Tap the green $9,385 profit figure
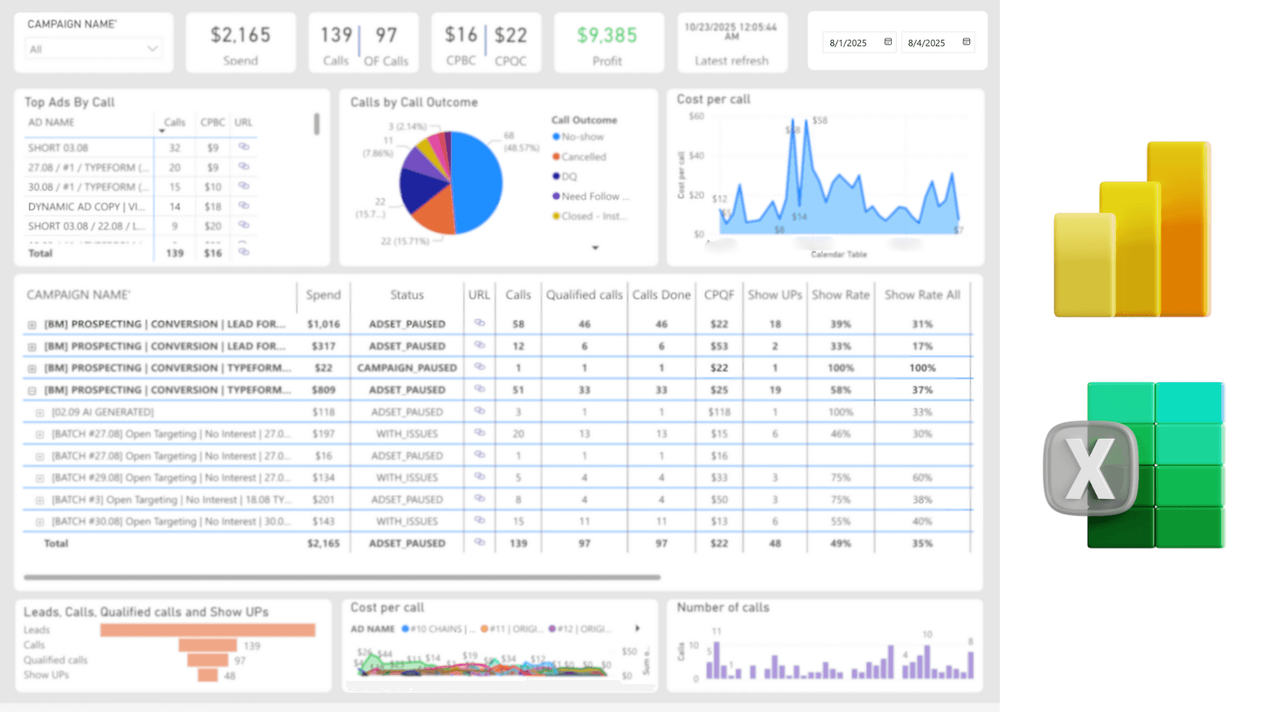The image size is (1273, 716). pyautogui.click(x=607, y=35)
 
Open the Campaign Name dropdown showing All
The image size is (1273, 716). pyautogui.click(x=93, y=49)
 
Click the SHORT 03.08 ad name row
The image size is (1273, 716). pyautogui.click(x=58, y=148)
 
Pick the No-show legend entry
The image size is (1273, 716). pyautogui.click(x=582, y=137)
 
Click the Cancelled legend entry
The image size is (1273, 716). pyautogui.click(x=583, y=156)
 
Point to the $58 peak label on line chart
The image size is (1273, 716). pyautogui.click(x=820, y=121)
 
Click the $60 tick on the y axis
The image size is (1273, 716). pyautogui.click(x=696, y=117)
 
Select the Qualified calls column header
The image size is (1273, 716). pyautogui.click(x=584, y=295)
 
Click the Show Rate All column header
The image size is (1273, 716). pyautogui.click(x=922, y=295)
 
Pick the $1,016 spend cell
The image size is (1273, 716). pyautogui.click(x=324, y=324)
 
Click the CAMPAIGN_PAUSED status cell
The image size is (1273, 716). pyautogui.click(x=407, y=368)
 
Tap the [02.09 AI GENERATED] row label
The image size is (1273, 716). pyautogui.click(x=103, y=412)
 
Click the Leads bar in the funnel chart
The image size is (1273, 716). pyautogui.click(x=208, y=630)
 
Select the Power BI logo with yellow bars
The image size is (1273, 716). pyautogui.click(x=1132, y=229)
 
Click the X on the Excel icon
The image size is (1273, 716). pyautogui.click(x=1091, y=469)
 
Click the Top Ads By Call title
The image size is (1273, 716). pyautogui.click(x=70, y=102)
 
